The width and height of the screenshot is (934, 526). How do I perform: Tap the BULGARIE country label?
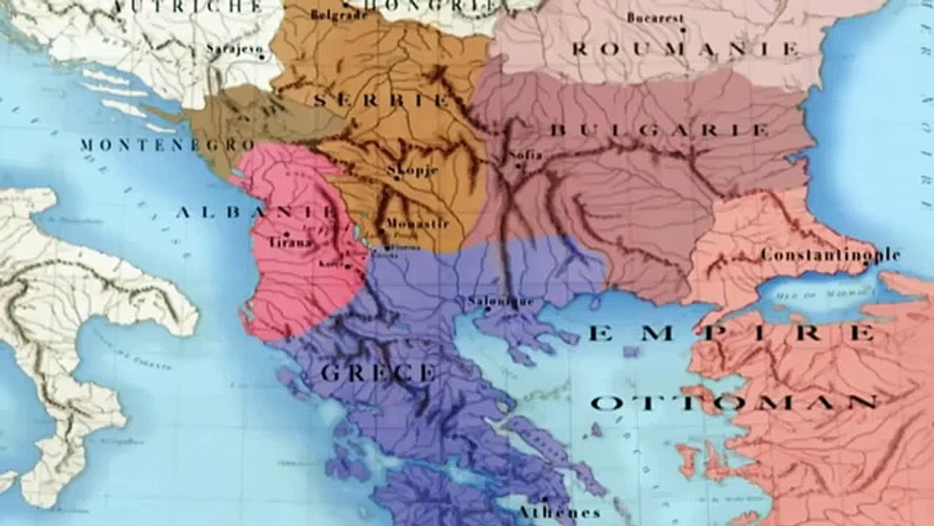click(658, 130)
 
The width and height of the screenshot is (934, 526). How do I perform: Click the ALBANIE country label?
click(255, 212)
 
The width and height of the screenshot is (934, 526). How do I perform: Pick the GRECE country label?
click(377, 373)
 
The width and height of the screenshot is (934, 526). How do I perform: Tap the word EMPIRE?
click(732, 334)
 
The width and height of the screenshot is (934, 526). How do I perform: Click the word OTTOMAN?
click(733, 403)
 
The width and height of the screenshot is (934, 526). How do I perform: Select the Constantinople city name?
click(830, 255)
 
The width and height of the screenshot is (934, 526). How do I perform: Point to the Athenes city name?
click(559, 512)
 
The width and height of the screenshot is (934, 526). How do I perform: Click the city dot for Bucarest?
click(682, 30)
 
